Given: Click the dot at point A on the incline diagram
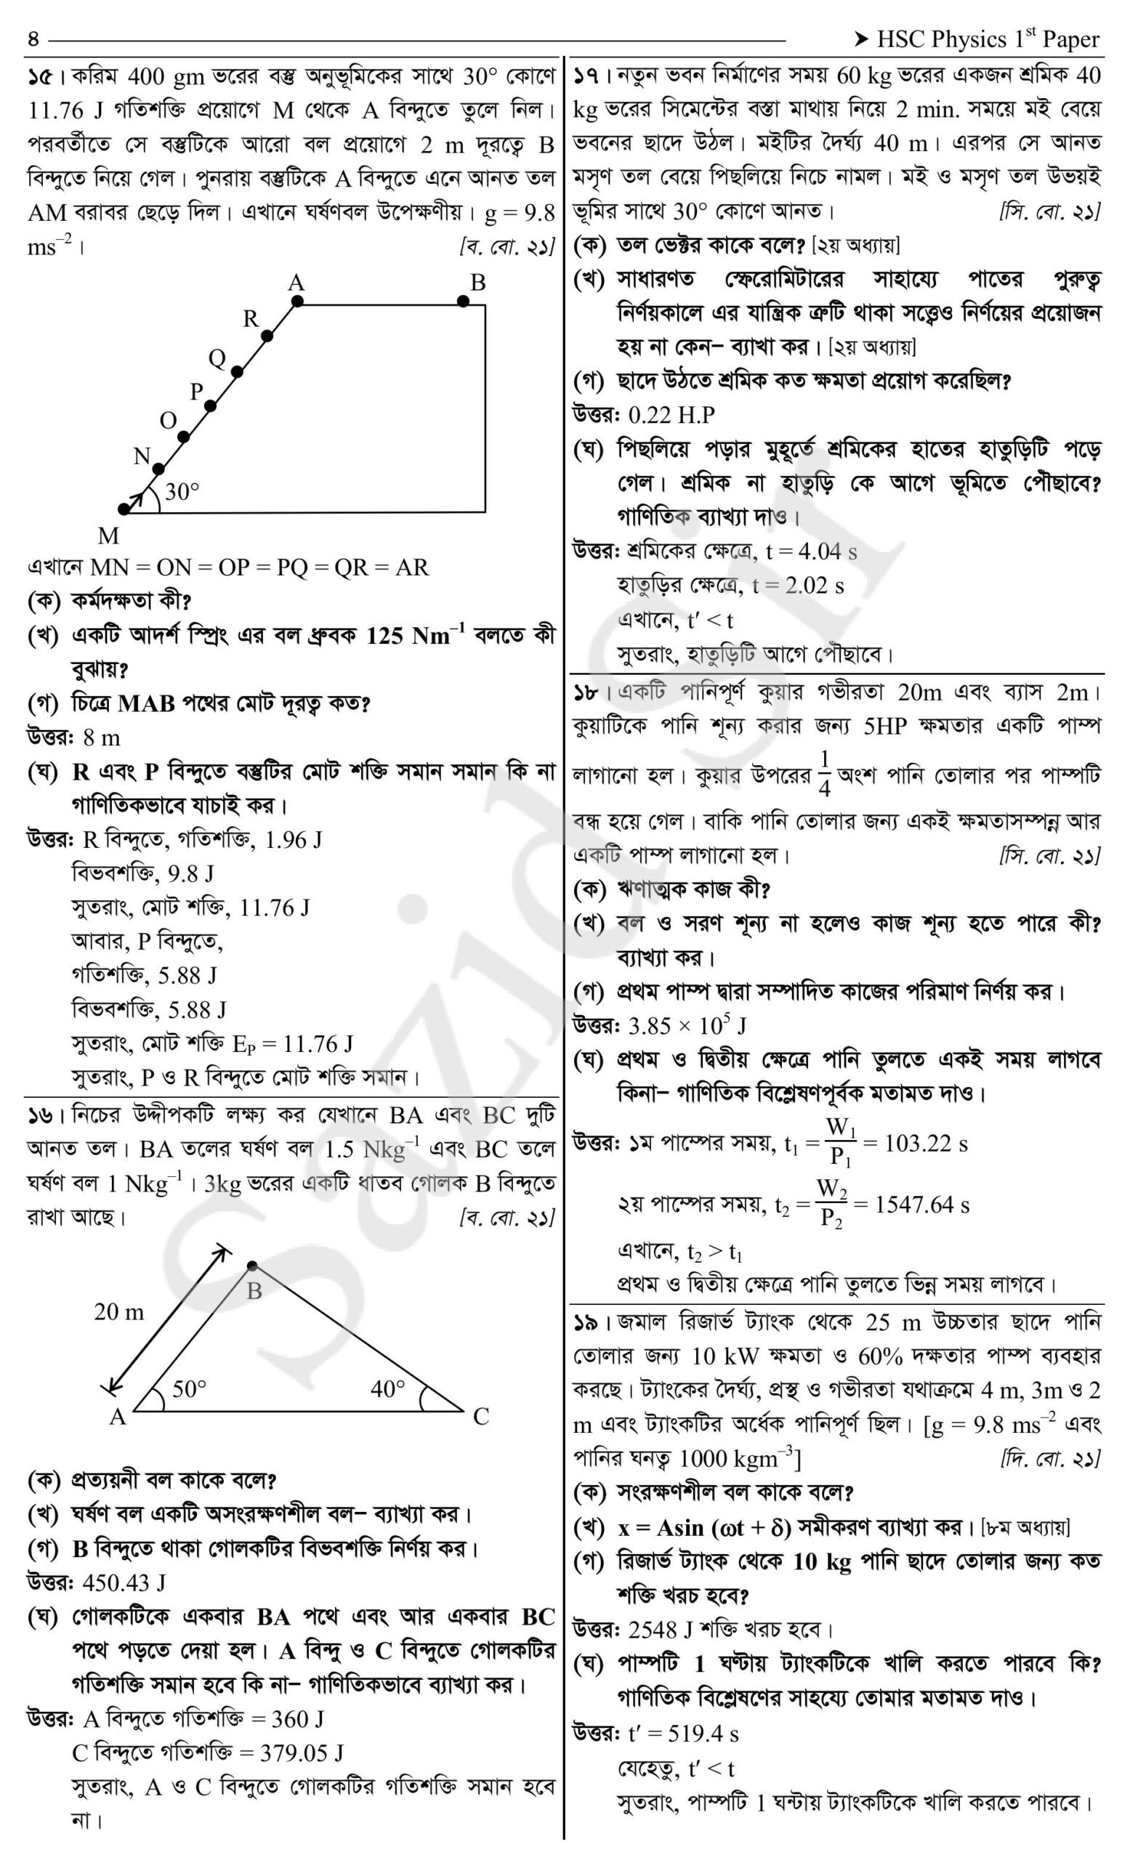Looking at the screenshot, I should coord(297,302).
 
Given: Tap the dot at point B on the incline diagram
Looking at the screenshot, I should coord(464,302).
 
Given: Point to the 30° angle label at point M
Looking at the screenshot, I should coord(182,491).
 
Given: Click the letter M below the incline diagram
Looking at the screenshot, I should coord(108,536).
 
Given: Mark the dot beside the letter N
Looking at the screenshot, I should coord(158,469).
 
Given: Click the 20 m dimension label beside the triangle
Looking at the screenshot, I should coord(118,1312).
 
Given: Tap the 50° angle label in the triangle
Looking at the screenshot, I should coord(189,1388).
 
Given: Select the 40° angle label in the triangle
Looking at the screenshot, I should coord(387,1388).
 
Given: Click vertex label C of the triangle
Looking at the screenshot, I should coord(481,1416).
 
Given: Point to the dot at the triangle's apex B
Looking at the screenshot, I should coord(252,1266).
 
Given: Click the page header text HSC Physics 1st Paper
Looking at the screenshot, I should coord(988,39).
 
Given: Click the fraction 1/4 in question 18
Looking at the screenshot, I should coord(824,774).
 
